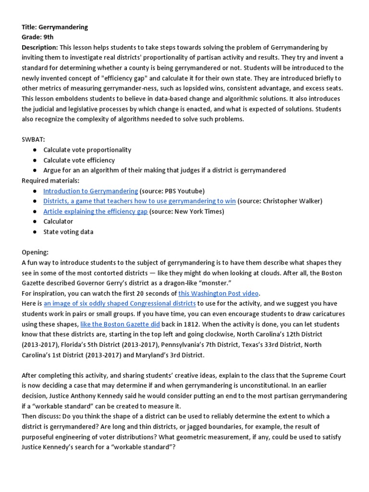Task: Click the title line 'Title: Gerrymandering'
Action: click(x=55, y=27)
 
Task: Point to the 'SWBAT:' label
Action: click(x=33, y=139)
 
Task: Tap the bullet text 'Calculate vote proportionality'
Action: click(x=87, y=149)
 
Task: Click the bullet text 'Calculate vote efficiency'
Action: click(x=79, y=160)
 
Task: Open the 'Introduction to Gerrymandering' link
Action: click(x=90, y=191)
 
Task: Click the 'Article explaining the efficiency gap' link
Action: click(x=95, y=211)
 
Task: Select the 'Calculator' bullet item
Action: click(x=58, y=221)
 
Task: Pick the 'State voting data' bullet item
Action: click(x=68, y=232)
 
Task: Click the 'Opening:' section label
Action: click(x=35, y=252)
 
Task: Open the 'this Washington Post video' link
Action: click(x=219, y=293)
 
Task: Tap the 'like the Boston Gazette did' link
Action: click(x=120, y=324)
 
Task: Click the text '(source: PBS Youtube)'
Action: click(x=172, y=191)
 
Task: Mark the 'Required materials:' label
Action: click(x=50, y=181)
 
